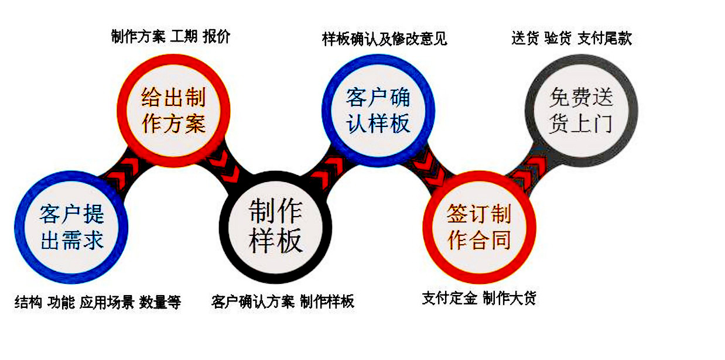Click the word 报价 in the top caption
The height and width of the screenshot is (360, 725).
click(x=217, y=36)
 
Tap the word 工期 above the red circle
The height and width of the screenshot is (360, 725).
click(x=183, y=36)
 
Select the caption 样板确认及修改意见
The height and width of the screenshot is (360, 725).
click(x=385, y=39)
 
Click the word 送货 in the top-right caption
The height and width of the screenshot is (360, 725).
click(x=525, y=38)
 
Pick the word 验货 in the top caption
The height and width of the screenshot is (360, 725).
click(x=558, y=38)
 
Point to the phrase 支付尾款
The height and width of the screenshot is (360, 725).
click(x=604, y=38)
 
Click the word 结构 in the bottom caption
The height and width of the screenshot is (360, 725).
click(x=28, y=302)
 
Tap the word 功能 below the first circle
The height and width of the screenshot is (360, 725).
click(x=61, y=302)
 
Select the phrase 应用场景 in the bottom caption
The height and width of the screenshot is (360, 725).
click(x=107, y=302)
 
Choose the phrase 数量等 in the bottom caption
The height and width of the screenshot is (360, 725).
click(x=160, y=302)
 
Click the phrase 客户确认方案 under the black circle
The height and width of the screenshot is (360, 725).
click(x=253, y=301)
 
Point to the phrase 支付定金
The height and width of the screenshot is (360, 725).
click(x=450, y=298)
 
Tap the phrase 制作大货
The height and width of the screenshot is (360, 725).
click(x=509, y=298)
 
